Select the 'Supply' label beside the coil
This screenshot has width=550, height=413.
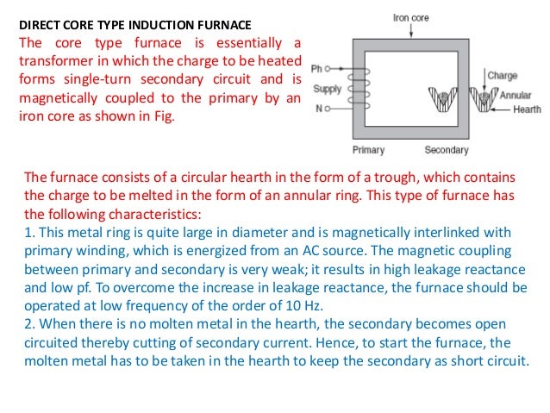[x=326, y=89]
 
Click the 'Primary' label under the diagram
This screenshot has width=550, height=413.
[x=368, y=150]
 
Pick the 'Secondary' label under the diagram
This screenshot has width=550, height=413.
[x=446, y=150]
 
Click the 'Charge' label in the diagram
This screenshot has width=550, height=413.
[x=502, y=76]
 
